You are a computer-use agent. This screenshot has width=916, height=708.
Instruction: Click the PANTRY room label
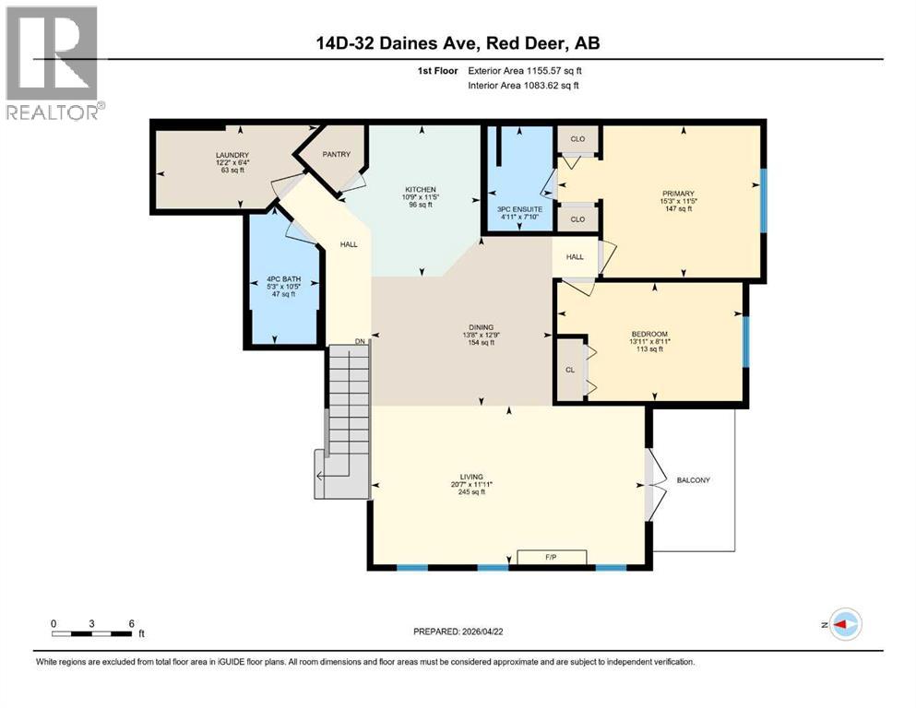click(337, 154)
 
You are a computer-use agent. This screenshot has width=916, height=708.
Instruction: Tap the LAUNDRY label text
click(232, 155)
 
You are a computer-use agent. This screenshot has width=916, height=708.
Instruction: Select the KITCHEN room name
click(421, 190)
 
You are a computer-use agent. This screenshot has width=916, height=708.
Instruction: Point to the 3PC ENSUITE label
click(519, 209)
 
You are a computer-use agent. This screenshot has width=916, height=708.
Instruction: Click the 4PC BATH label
click(284, 279)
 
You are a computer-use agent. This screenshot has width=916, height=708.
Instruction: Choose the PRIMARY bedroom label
click(678, 194)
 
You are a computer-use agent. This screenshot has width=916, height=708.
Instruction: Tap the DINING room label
click(482, 327)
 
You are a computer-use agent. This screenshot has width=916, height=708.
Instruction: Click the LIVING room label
click(471, 477)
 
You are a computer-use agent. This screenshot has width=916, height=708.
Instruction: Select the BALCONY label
click(694, 480)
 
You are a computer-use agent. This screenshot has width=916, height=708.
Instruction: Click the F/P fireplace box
click(552, 557)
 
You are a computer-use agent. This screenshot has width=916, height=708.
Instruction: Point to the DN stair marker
click(360, 341)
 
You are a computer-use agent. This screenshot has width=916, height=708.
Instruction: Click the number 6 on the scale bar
click(132, 623)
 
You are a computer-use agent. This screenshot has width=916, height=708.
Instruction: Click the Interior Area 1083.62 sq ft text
click(523, 85)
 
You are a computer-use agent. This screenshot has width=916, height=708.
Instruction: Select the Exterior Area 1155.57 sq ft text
click(525, 71)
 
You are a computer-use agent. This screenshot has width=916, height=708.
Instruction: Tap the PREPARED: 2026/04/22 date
click(458, 631)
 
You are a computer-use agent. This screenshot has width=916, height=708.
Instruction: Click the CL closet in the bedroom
click(570, 370)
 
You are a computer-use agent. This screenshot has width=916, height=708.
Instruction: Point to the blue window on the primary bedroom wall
click(763, 200)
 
